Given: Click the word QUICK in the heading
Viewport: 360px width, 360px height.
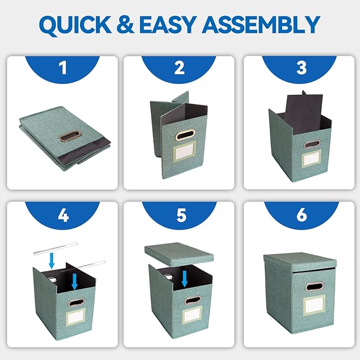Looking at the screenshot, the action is [x=75, y=25].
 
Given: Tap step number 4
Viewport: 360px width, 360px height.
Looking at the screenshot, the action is [x=63, y=215].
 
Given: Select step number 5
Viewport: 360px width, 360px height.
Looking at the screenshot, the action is [x=181, y=215].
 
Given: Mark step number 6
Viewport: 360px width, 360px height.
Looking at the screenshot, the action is [x=302, y=215].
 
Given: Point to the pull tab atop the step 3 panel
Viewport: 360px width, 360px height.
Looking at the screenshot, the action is [x=304, y=92].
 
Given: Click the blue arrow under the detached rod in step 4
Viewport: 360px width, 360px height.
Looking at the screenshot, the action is [x=52, y=260].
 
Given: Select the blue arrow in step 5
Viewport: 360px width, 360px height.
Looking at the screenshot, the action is [x=185, y=279].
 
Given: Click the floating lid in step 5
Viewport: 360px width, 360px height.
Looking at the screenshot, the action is [x=179, y=254].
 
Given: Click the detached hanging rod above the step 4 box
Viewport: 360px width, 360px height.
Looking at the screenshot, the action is [x=56, y=248].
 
